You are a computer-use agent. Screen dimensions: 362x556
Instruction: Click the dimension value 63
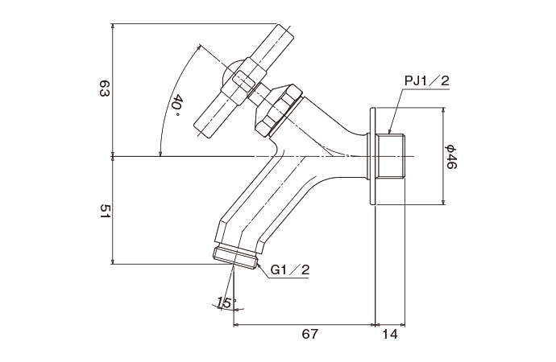pyautogui.click(x=103, y=88)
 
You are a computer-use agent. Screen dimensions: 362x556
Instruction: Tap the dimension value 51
pyautogui.click(x=103, y=211)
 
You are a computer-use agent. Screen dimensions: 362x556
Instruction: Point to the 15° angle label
pyautogui.click(x=225, y=303)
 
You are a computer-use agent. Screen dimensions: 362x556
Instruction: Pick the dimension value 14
pyautogui.click(x=390, y=333)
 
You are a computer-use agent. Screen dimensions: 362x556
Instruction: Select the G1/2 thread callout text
pyautogui.click(x=291, y=270)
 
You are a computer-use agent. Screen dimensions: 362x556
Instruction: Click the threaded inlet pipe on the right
pyautogui.click(x=394, y=156)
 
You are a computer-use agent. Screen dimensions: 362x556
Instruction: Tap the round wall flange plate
pyautogui.click(x=373, y=156)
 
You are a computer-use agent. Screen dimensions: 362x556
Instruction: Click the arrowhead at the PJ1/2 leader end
pyautogui.click(x=390, y=131)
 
